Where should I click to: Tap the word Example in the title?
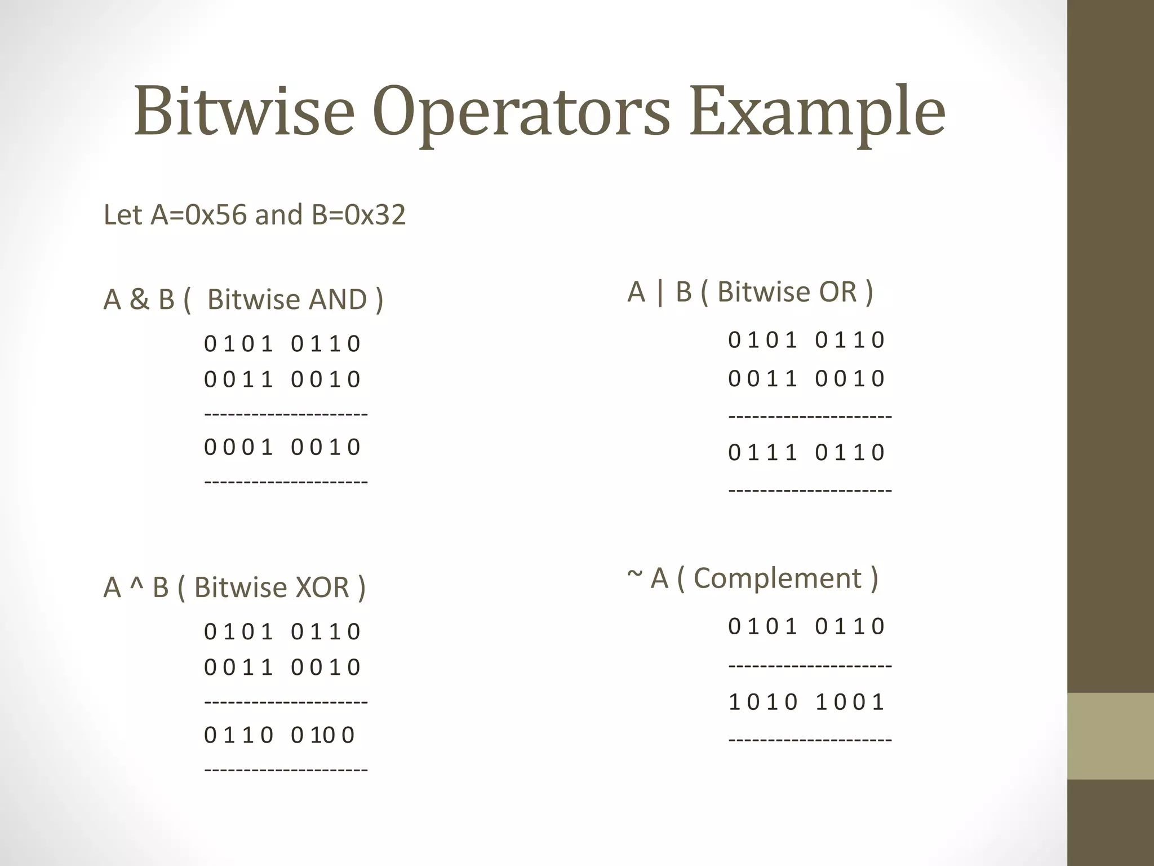(x=817, y=113)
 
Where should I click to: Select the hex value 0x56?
(x=216, y=215)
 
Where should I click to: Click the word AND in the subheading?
(x=338, y=299)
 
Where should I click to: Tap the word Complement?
(x=778, y=578)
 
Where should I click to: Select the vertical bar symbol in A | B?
(x=660, y=292)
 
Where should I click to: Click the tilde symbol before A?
(x=634, y=575)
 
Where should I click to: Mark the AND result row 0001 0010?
(x=282, y=447)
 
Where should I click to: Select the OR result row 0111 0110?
(x=806, y=452)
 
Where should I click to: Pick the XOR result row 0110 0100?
(x=279, y=735)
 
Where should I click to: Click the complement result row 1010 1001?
(x=806, y=702)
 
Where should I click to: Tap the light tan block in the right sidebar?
(x=1110, y=736)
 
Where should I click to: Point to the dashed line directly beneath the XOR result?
(x=286, y=770)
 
